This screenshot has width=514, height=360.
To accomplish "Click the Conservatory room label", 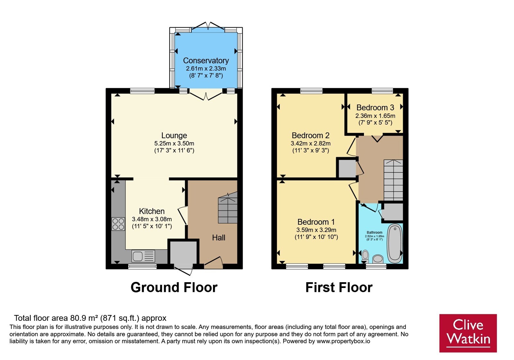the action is (x=206, y=61).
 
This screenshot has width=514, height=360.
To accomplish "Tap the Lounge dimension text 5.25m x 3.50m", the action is (x=174, y=143).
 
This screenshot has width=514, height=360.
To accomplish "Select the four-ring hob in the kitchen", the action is (x=118, y=224).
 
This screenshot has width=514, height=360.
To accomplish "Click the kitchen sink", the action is (x=143, y=256).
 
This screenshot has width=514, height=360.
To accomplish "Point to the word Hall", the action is (x=218, y=238).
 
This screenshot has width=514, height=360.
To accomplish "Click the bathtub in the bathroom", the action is (x=395, y=243).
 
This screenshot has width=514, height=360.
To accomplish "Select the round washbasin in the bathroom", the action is (x=378, y=259).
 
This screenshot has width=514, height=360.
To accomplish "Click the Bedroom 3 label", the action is (x=375, y=107).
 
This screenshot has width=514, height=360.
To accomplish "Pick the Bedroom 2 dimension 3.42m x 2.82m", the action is (x=310, y=143).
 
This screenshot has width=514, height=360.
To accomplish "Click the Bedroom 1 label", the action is (x=316, y=222).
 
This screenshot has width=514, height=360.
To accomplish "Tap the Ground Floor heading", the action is (x=174, y=287).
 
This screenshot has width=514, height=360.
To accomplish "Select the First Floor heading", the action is (x=339, y=287).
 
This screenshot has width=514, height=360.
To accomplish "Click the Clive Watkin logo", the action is (x=468, y=333).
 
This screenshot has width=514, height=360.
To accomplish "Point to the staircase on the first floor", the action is (x=393, y=180).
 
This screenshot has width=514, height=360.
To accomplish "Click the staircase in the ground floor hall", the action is (x=228, y=208).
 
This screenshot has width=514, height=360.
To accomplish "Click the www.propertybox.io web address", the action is (x=343, y=341).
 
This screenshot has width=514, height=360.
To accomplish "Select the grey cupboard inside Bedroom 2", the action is (x=347, y=168).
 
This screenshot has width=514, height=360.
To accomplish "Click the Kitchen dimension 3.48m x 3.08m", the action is (x=152, y=219).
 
